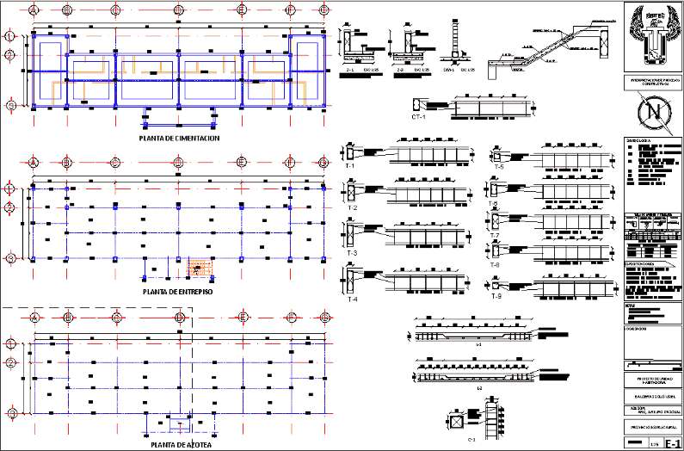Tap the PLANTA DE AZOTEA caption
pyautogui.click(x=179, y=445)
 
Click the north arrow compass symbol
pyautogui.click(x=651, y=112)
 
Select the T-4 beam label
pyautogui.click(x=351, y=300)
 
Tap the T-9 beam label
pyautogui.click(x=497, y=296)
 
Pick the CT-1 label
pyautogui.click(x=419, y=116)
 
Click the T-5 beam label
pyautogui.click(x=498, y=166)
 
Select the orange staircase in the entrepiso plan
pyautogui.click(x=200, y=269)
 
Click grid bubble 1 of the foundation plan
pyautogui.click(x=9, y=36)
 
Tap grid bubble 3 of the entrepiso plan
pyautogui.click(x=9, y=257)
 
